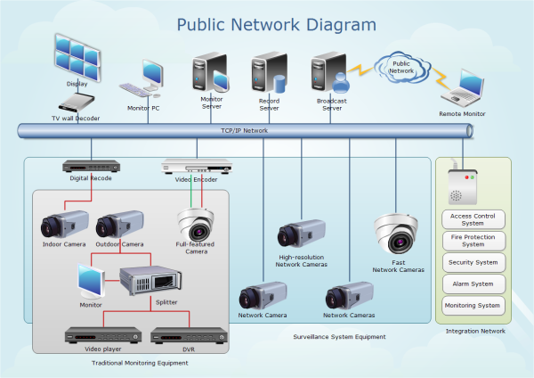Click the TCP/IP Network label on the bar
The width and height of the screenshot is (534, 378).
tap(244, 131)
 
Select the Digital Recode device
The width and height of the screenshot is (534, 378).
tap(90, 166)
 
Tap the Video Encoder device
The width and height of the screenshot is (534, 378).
tap(196, 166)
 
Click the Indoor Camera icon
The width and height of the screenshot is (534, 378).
tap(64, 224)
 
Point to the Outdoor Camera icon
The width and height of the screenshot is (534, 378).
tap(119, 224)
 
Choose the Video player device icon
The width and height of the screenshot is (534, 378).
tap(103, 336)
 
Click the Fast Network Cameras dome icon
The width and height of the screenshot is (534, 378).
tap(397, 234)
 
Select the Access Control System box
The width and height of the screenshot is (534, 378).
tap(473, 219)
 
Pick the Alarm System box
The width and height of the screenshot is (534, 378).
tap(473, 284)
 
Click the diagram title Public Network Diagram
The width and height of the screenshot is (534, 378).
tap(263, 23)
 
